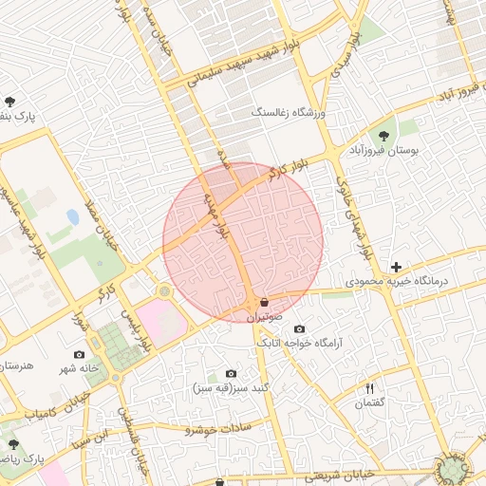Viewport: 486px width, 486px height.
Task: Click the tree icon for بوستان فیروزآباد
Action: (384, 135)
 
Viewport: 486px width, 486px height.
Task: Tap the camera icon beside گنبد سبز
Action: (231, 374)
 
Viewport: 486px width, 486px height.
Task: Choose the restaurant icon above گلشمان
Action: (371, 387)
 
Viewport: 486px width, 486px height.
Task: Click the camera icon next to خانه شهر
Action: (79, 353)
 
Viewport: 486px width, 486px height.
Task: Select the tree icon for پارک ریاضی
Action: (11, 443)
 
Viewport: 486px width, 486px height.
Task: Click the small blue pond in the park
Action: (73, 216)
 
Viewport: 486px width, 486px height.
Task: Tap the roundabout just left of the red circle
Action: (165, 290)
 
